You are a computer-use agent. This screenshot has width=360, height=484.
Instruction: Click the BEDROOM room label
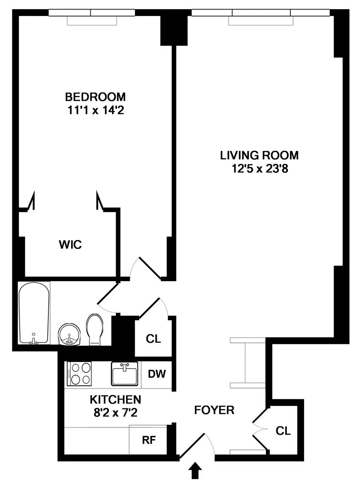click(95, 97)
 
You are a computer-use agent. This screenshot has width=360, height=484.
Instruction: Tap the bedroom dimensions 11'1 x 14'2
click(95, 110)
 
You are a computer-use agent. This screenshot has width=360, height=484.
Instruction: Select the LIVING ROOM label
click(259, 155)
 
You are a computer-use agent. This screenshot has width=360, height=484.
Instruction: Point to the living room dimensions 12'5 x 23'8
click(259, 169)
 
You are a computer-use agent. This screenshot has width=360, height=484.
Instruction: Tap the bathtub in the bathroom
click(34, 313)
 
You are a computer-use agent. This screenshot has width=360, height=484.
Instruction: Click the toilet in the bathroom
click(94, 329)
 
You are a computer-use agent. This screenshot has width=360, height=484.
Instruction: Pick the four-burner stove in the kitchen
click(79, 374)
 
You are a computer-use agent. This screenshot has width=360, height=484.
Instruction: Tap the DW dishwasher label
click(157, 375)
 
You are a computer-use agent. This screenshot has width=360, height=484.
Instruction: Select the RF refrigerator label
click(149, 440)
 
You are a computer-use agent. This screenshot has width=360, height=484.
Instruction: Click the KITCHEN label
click(115, 399)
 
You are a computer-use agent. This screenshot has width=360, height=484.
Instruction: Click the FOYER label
click(214, 410)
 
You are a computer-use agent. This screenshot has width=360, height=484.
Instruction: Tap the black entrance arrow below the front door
click(195, 470)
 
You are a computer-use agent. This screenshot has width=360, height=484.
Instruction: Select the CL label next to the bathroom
click(153, 339)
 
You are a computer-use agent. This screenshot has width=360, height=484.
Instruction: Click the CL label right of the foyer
click(283, 431)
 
